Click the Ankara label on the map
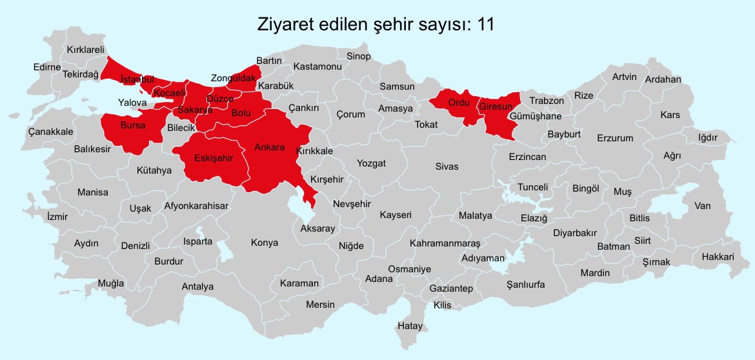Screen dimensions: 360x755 (x=270, y=148)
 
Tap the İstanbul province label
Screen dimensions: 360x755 (x=137, y=79)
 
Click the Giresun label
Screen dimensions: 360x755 (x=496, y=105)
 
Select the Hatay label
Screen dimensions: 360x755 (x=410, y=326)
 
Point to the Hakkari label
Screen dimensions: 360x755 (x=714, y=257)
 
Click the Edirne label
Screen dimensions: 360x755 (x=47, y=67)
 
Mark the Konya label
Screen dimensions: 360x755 (x=265, y=243)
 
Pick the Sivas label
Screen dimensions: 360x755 (x=447, y=166)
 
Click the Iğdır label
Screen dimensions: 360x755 (x=708, y=137)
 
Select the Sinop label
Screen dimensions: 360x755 (x=359, y=56)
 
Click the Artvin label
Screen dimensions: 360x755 (x=624, y=77)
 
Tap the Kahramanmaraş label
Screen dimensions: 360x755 (x=445, y=243)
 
